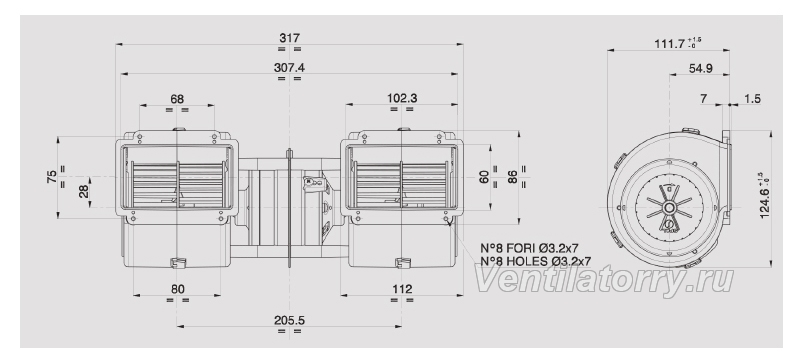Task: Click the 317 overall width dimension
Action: coord(289,38)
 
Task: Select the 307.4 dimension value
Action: coord(289,67)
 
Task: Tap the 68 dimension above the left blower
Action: coord(177,98)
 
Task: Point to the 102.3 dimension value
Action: coord(402,98)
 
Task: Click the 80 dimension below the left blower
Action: coord(178,289)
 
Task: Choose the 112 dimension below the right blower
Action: coord(402,289)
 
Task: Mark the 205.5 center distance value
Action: coord(289,320)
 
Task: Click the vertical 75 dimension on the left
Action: coord(52,177)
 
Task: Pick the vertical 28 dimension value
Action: coord(84,192)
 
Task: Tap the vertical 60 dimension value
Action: coord(484,177)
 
